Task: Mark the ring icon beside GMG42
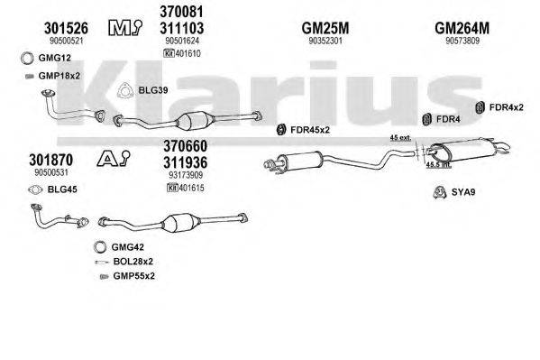[96, 246]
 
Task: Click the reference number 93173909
[186, 174]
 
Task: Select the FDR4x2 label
[506, 108]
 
